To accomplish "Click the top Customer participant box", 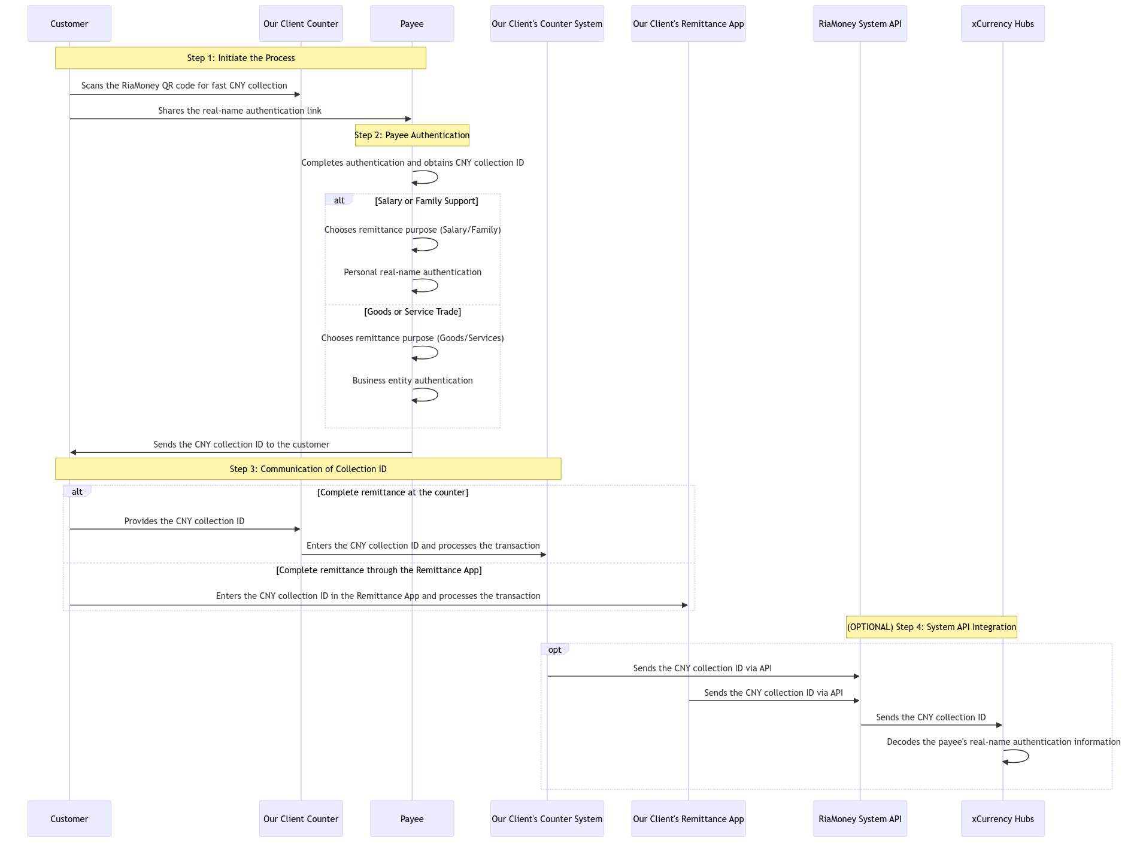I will [x=69, y=24].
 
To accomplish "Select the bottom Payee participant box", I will [x=412, y=818].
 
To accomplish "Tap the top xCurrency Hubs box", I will [x=1002, y=24].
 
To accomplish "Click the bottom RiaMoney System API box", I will [x=860, y=818].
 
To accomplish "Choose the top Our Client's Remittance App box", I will [x=688, y=24].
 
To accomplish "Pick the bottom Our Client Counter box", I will [x=301, y=818].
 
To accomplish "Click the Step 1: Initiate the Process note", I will [x=241, y=58].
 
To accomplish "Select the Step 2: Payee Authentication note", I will [x=412, y=135].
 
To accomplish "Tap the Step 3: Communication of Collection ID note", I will [x=308, y=469].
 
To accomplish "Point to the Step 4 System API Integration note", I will [x=931, y=627].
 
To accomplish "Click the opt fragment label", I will [x=554, y=650].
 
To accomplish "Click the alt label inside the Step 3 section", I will [x=77, y=492].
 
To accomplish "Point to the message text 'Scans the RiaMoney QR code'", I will [x=184, y=86].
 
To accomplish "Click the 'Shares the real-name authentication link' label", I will [x=239, y=111].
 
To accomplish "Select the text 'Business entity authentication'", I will [x=412, y=381].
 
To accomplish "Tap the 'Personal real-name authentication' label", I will [x=412, y=272].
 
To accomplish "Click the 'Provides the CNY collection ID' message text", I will [x=184, y=521].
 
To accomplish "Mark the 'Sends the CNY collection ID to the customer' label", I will [x=241, y=445].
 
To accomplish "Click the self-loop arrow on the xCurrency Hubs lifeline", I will [x=1021, y=756].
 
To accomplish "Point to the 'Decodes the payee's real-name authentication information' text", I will [x=1003, y=742].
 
